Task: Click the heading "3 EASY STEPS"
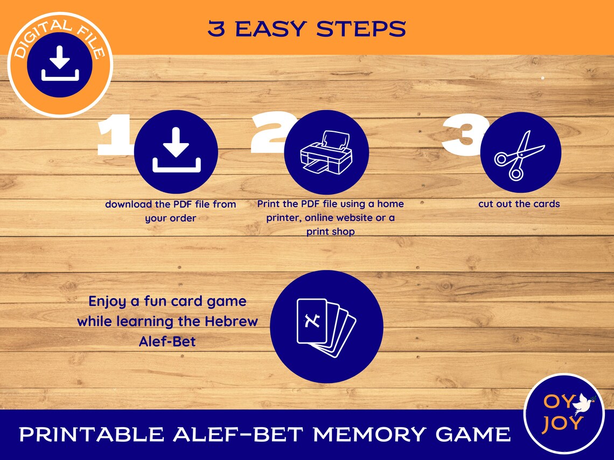point(306,29)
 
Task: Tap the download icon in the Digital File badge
point(60,64)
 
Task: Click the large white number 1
point(114,135)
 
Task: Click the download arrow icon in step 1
point(176,152)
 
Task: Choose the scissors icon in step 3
point(520,154)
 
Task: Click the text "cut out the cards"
point(519,204)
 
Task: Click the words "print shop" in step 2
point(331,232)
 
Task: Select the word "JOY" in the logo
point(562,423)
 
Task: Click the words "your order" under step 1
point(170,218)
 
